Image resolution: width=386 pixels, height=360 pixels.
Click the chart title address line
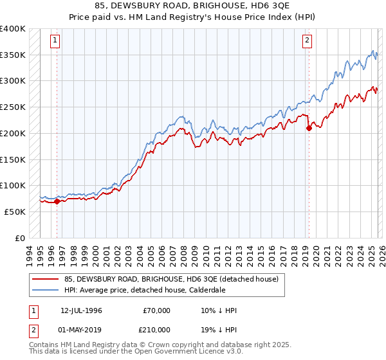[x=192, y=6]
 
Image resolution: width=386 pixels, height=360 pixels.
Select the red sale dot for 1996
[x=57, y=201]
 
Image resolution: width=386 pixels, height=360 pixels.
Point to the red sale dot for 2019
[x=309, y=128]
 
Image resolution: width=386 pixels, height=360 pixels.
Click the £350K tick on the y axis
[x=13, y=55]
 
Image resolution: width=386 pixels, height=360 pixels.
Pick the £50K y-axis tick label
[x=15, y=212]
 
